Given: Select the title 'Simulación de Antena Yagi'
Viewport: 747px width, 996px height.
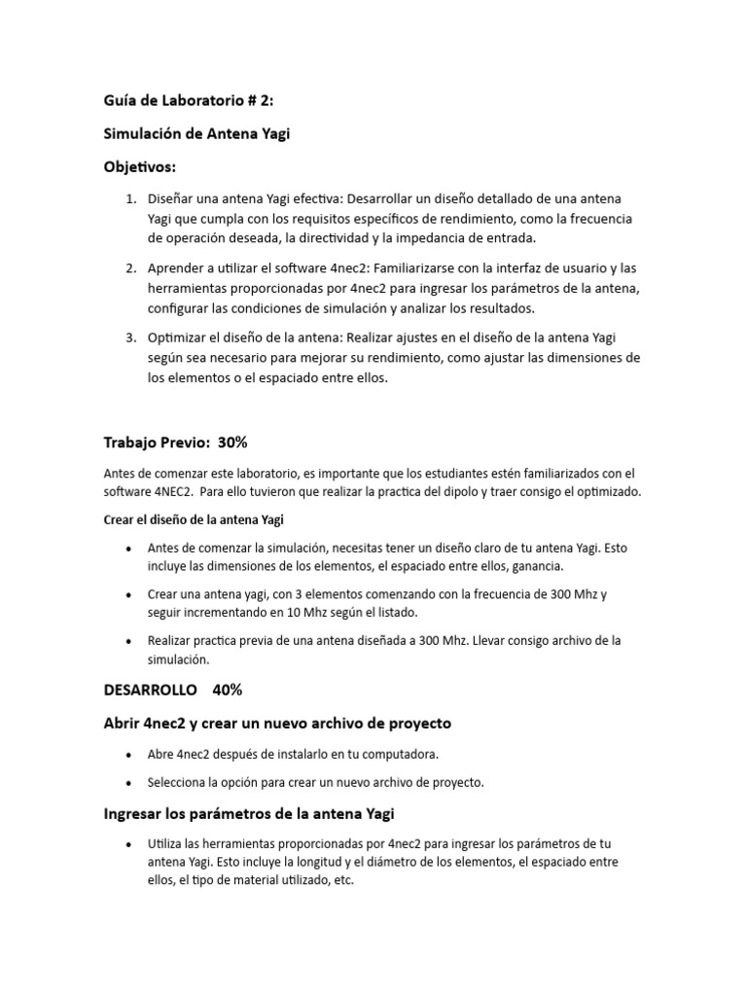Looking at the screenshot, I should pyautogui.click(x=196, y=134).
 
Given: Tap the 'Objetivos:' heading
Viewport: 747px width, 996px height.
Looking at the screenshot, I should pyautogui.click(x=140, y=167).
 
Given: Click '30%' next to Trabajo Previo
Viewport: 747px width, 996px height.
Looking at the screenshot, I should pyautogui.click(x=232, y=443).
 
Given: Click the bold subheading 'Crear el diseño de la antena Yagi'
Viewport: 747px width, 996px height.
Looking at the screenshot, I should pyautogui.click(x=194, y=519).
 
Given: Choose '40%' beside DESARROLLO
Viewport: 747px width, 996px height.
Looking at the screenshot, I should pyautogui.click(x=227, y=690).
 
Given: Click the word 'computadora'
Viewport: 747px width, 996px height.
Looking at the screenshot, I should pyautogui.click(x=399, y=755).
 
